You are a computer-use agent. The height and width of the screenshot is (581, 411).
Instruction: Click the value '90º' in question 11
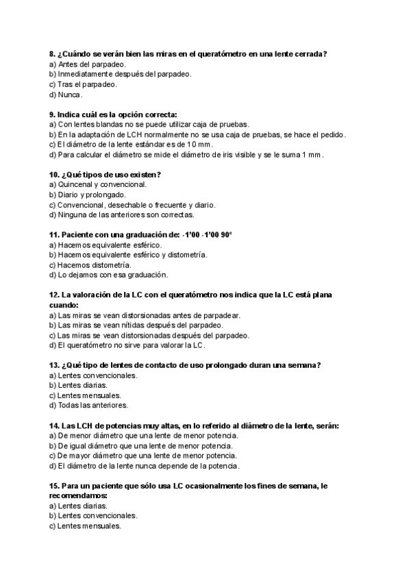pyautogui.click(x=224, y=234)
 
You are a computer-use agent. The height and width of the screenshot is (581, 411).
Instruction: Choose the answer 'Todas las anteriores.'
pyautogui.click(x=88, y=406)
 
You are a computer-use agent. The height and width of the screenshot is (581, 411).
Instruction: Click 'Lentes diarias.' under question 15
pyautogui.click(x=78, y=506)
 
